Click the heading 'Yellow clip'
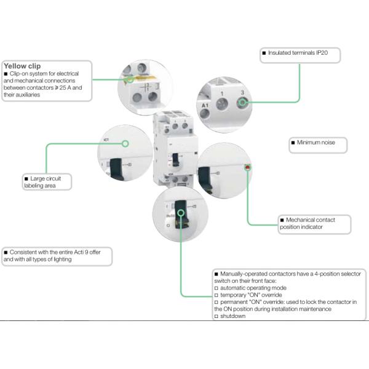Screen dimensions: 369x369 coord(22,66)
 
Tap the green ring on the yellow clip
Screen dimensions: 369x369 coord(130,79)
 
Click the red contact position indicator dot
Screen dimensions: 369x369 coord(247,167)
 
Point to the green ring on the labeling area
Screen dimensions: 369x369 coord(125,145)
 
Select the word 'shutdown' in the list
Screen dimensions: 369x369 coord(232,316)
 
